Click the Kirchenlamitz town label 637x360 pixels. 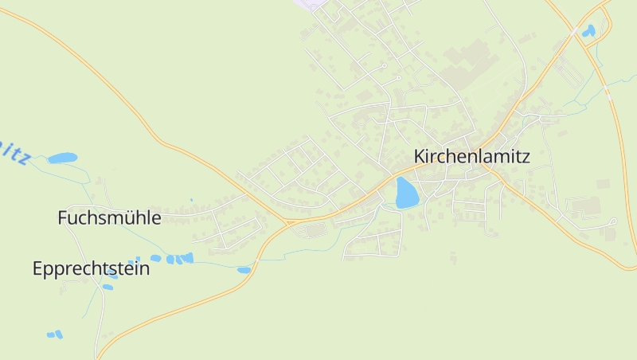point(471,157)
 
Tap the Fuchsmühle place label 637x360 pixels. point(109,217)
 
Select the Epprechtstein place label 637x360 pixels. point(91,268)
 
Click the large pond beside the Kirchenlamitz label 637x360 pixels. point(406,193)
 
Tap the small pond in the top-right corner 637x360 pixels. point(588,31)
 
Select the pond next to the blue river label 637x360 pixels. point(62,158)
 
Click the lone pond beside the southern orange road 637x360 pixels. point(244,270)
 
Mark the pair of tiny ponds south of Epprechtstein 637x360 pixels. point(54,335)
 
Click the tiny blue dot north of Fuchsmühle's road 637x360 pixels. point(191,200)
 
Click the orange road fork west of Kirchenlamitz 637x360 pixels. point(285,221)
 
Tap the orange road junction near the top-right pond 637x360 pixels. point(575,29)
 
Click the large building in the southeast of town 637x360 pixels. point(588,206)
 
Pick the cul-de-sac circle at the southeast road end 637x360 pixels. point(613,221)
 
